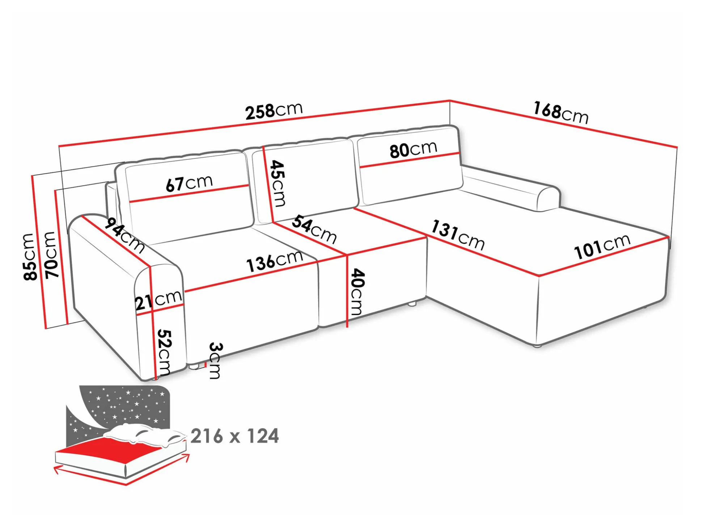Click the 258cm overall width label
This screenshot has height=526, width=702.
click(274, 111)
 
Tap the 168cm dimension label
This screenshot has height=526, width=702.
click(561, 113)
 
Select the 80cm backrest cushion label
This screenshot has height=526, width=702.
click(413, 149)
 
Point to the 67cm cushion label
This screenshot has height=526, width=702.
click(189, 183)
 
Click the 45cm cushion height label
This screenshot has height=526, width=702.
click(278, 183)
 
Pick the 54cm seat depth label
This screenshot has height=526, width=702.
click(314, 229)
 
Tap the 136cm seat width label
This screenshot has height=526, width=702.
click(275, 261)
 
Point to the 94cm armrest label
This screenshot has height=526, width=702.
click(124, 235)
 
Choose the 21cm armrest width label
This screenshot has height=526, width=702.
click(158, 300)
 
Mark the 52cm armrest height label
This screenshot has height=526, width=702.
click(164, 352)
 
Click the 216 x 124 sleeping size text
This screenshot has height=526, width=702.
click(235, 436)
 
